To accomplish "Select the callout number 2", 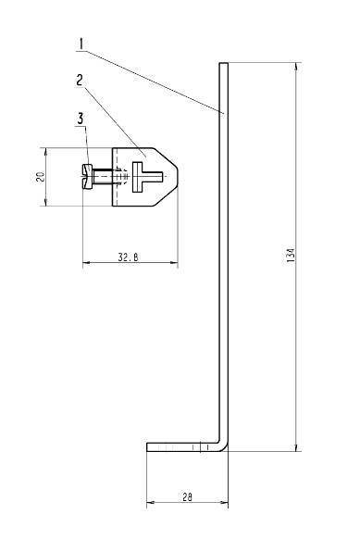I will click(81, 80).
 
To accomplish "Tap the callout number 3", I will click(81, 119).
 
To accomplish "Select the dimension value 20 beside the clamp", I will click(41, 176).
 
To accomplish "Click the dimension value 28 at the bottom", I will click(187, 498).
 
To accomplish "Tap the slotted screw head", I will click(88, 176).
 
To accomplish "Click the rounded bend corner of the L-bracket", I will click(223, 445).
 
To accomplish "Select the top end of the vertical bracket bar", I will click(223, 65).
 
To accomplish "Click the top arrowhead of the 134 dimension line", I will click(297, 67).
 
